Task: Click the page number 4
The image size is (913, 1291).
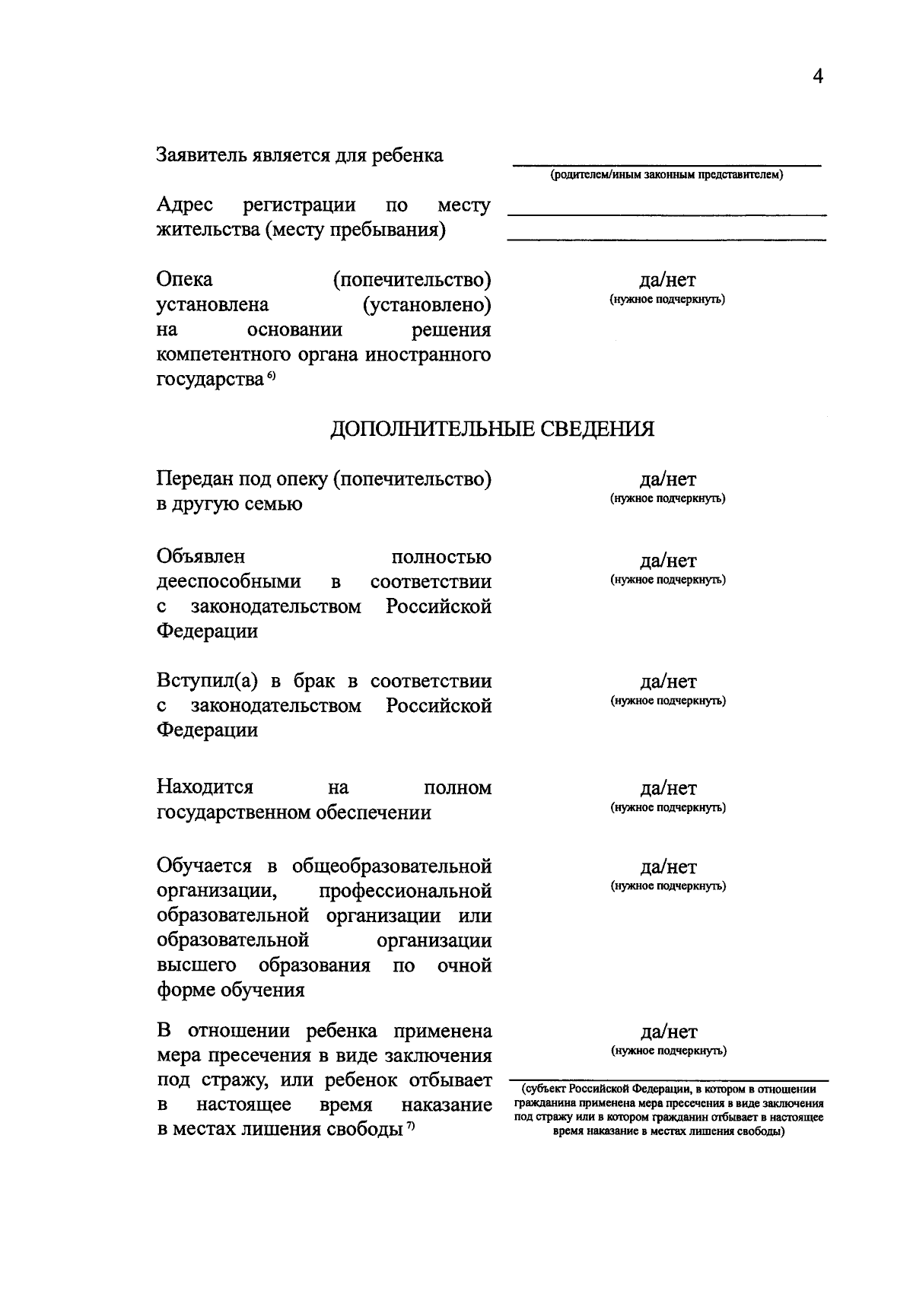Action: pyautogui.click(x=818, y=77)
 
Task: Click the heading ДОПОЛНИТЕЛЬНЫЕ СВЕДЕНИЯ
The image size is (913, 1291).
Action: pyautogui.click(x=491, y=429)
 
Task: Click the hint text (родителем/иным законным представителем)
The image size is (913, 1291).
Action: pyautogui.click(x=666, y=176)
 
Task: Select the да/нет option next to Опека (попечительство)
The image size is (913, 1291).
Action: pyautogui.click(x=667, y=281)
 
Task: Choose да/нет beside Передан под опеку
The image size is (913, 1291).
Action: pyautogui.click(x=667, y=480)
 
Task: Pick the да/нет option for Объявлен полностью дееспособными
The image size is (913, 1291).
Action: pyautogui.click(x=667, y=561)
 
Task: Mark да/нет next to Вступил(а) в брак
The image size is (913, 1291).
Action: pyautogui.click(x=667, y=682)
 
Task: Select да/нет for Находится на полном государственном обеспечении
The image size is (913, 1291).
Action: pyautogui.click(x=667, y=789)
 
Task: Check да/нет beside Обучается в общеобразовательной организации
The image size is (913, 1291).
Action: pyautogui.click(x=667, y=868)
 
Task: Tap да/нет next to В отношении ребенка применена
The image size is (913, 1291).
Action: pyautogui.click(x=668, y=1032)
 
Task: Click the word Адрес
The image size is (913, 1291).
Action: pyautogui.click(x=185, y=205)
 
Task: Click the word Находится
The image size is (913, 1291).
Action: pyautogui.click(x=205, y=787)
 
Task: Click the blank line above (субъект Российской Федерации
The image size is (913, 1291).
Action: pyautogui.click(x=666, y=1078)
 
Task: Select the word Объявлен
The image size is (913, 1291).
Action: pyautogui.click(x=201, y=557)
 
